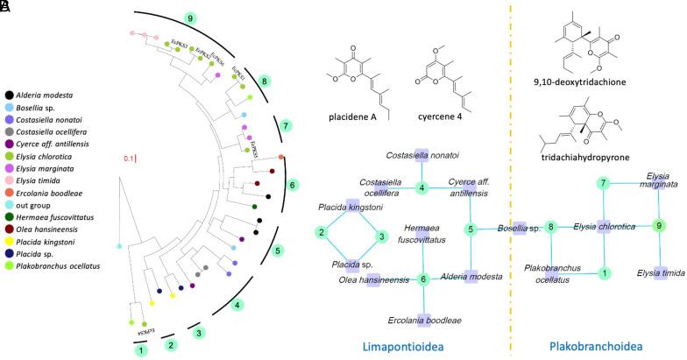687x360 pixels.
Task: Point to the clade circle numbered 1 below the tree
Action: coord(139,349)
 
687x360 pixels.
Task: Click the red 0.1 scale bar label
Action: coord(129,158)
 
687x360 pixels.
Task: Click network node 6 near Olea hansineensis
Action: coord(423,280)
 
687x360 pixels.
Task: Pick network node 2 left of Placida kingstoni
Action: coord(322,232)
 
